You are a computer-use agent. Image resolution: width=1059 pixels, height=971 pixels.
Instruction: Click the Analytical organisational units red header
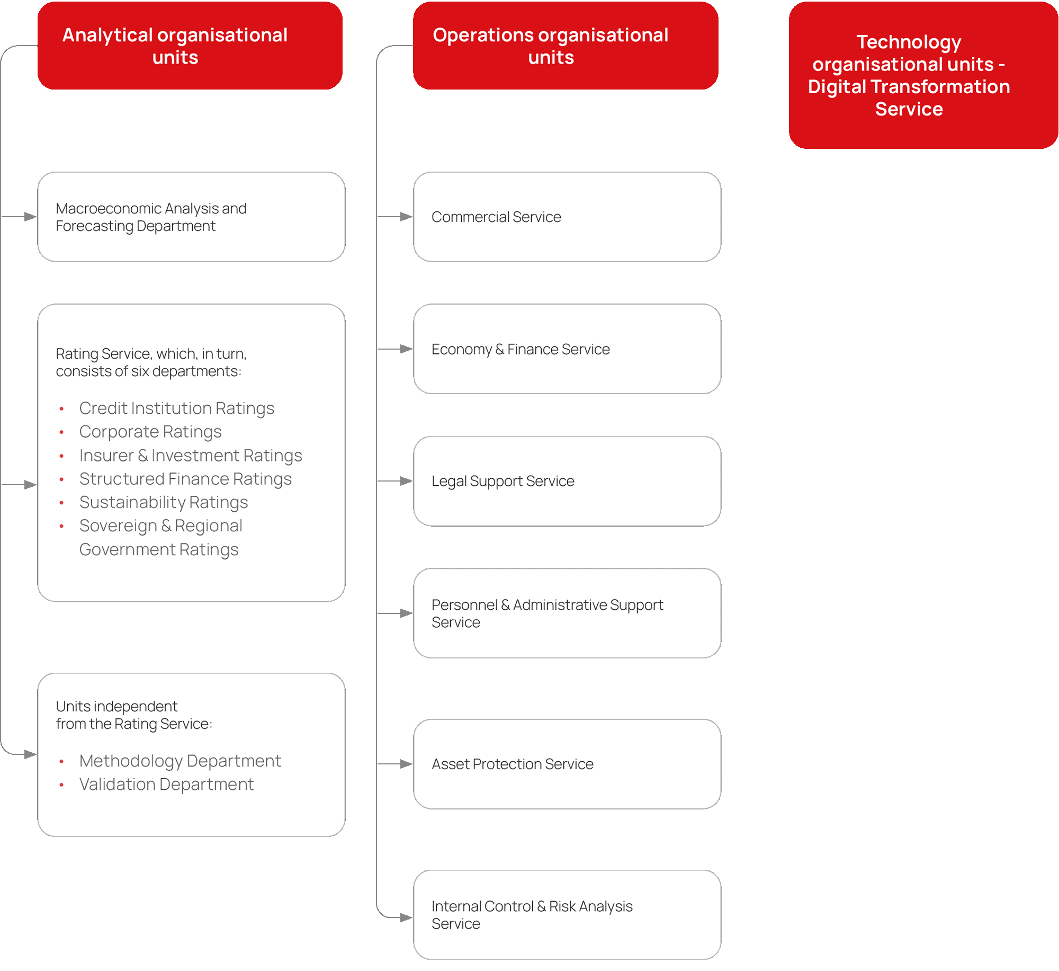190,46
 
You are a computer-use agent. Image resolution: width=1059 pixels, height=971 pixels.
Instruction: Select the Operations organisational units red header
565,46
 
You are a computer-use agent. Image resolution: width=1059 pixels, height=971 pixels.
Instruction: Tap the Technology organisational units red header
923,75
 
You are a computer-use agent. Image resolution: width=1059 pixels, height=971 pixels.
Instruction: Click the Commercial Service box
567,217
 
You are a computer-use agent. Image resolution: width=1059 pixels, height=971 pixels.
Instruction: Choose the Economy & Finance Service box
567,349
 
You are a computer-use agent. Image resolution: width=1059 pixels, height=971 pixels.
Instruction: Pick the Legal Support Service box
567,481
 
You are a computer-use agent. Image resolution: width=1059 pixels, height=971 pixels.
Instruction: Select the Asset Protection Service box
567,764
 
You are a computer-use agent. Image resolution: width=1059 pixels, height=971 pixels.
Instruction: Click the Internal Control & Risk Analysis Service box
567,915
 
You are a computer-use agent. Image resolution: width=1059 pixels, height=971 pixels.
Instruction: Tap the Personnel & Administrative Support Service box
567,613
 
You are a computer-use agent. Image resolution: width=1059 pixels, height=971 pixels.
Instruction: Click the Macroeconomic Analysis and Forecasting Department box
191,217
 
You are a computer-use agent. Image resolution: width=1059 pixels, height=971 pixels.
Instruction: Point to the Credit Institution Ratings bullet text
176,408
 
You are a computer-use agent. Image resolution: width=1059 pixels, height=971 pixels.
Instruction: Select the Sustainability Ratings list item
164,502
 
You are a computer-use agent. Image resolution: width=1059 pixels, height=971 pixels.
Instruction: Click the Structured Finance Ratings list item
185,479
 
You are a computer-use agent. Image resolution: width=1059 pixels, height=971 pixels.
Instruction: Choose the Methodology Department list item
180,761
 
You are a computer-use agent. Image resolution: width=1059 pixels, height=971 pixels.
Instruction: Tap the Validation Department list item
166,785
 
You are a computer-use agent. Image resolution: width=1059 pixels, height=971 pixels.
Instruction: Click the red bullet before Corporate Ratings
61,432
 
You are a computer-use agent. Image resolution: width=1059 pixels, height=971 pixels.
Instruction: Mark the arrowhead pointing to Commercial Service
406,217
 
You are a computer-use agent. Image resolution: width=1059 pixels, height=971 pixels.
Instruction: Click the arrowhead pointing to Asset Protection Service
406,764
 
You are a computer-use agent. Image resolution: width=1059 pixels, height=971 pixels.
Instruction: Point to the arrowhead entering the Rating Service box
30,485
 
